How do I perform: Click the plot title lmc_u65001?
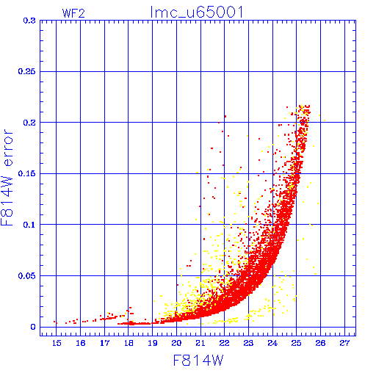pos(197,12)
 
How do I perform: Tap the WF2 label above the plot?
pos(73,13)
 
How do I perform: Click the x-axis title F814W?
pos(198,361)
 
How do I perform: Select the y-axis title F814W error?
pos(7,178)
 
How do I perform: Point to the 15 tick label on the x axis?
pos(57,343)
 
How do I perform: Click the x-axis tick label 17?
pos(104,343)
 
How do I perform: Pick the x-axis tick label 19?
pos(153,343)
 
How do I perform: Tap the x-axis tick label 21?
pos(200,343)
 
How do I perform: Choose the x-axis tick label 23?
pos(248,343)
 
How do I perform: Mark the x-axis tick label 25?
pos(297,343)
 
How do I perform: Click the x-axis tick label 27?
pos(344,343)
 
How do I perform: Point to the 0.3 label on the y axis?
pos(29,21)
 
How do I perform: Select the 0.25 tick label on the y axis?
pos(27,71)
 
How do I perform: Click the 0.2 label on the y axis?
pos(29,123)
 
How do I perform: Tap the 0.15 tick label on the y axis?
pos(27,173)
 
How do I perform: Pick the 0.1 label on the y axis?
pos(29,225)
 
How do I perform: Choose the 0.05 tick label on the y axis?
pos(27,276)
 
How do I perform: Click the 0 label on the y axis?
pos(33,327)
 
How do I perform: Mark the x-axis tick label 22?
pos(225,343)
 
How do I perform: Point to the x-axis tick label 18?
pos(129,343)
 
